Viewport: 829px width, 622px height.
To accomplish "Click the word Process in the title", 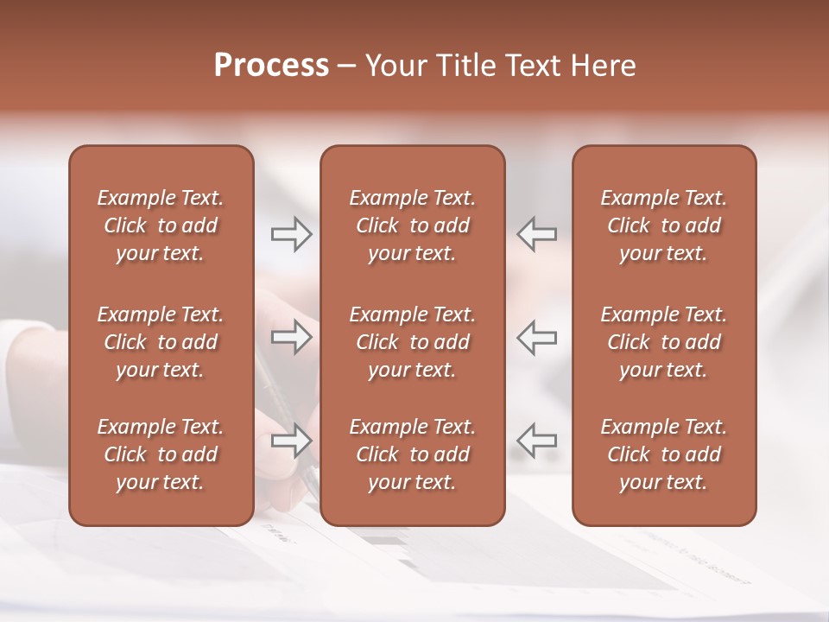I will pos(271,66).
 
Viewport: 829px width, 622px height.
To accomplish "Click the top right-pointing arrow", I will pos(291,234).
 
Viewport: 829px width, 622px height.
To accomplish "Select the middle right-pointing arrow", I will pos(291,338).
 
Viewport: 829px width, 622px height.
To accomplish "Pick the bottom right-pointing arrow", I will pos(291,441).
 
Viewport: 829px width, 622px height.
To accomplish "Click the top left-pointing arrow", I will pos(536,234).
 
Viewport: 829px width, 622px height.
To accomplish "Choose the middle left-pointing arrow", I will pos(536,338).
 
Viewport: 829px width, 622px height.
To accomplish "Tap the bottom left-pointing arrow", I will pos(536,441).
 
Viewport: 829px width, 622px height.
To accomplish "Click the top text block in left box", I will pos(161,225).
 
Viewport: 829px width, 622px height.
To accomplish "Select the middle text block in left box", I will pos(161,342).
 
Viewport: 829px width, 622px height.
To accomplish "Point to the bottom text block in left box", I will pos(161,454).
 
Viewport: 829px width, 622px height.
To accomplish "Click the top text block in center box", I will pos(413,225).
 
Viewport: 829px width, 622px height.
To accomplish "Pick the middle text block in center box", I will pos(413,342).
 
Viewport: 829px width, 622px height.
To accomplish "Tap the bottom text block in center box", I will pos(413,454).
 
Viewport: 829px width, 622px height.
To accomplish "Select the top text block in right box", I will pos(664,225).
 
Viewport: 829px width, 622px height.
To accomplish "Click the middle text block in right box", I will pos(664,342).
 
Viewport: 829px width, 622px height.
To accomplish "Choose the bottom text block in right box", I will pos(664,454).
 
